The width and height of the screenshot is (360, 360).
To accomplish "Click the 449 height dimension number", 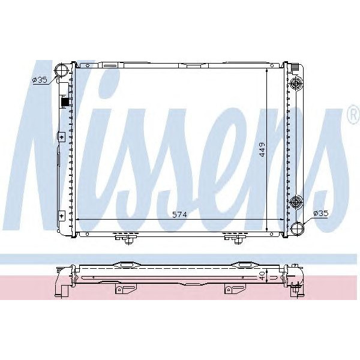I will click(262, 149).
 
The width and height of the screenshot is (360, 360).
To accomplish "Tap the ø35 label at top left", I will click(40, 80).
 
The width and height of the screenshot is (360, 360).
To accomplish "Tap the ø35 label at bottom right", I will click(320, 213).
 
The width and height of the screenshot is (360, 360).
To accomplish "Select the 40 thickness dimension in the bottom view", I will click(262, 275).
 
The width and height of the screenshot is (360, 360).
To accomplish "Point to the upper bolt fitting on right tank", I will click(295, 84).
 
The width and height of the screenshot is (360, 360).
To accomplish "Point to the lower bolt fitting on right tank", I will click(295, 202).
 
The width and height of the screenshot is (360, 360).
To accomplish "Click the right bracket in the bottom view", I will click(229, 290).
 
